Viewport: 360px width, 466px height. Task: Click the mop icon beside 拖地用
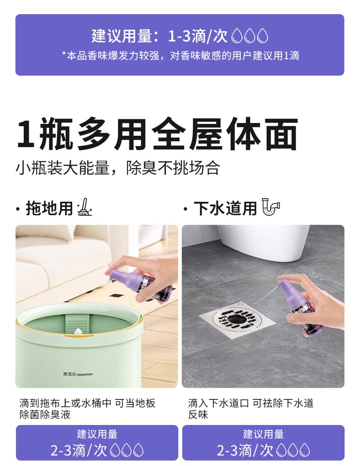coord(84,207)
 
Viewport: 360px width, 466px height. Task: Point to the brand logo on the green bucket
coord(78,374)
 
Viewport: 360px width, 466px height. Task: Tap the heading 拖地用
coord(49,208)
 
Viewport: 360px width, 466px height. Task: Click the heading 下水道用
coord(225,208)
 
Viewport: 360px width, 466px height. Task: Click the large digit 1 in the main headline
coord(26,134)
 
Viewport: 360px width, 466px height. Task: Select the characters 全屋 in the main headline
coord(187,134)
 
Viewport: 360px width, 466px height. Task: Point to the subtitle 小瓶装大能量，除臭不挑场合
coord(118,168)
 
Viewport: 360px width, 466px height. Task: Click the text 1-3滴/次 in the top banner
coord(198,36)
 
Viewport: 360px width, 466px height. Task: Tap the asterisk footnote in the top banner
coord(180,56)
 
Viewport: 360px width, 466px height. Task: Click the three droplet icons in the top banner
coord(250,36)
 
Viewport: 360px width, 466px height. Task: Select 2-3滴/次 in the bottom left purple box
coord(78,450)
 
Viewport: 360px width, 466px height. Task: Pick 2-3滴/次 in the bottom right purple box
coord(245,450)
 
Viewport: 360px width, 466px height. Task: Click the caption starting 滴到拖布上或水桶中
coord(87,409)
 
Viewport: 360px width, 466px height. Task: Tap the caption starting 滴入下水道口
coord(251,409)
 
